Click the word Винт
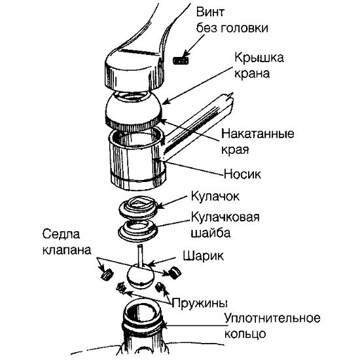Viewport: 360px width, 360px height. click(210, 12)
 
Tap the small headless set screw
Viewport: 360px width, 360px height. click(181, 61)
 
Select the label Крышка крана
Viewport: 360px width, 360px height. click(259, 65)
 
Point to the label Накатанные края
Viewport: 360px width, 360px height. click(258, 141)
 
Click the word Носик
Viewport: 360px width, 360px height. click(242, 174)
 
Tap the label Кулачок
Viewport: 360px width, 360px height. click(215, 196)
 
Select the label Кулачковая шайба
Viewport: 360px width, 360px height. click(225, 225)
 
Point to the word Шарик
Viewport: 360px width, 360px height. click(203, 256)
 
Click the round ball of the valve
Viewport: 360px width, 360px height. click(140, 276)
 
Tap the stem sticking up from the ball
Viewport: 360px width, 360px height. click(140, 255)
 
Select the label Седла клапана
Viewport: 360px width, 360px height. click(67, 242)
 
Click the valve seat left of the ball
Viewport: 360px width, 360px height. click(107, 274)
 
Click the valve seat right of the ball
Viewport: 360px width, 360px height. click(175, 272)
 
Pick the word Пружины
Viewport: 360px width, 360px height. click(200, 303)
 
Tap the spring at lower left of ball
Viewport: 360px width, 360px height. click(122, 288)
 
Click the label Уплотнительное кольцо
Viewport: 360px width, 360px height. click(272, 326)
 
